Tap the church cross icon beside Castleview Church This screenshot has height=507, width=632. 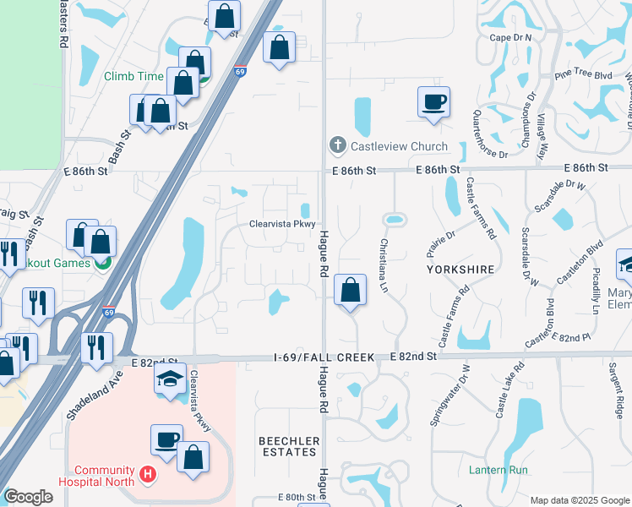click(338, 146)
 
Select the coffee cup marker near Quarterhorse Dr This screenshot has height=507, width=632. click(433, 103)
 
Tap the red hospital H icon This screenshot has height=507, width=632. click(149, 476)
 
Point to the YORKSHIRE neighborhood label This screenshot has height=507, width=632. click(460, 269)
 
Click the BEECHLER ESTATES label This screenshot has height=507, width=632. click(289, 447)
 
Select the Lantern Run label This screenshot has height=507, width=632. click(499, 470)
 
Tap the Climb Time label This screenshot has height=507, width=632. click(133, 76)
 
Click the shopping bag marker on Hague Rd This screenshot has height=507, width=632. click(350, 291)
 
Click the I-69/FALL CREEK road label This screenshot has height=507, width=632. click(324, 357)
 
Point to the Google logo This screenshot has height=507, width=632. click(28, 497)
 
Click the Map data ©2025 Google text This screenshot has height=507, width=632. click(579, 500)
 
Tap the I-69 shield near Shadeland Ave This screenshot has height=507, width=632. click(109, 311)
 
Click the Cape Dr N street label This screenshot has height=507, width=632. click(510, 38)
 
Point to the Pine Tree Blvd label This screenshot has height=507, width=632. click(583, 74)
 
